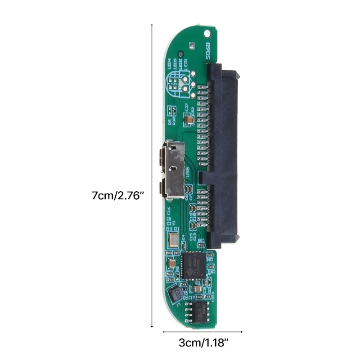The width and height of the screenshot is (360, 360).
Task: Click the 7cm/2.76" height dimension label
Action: point(117,196)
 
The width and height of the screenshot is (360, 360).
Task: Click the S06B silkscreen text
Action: point(207,51)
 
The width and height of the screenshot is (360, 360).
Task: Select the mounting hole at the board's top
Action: point(207,33)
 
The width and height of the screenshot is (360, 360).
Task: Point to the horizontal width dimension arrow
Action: point(202,332)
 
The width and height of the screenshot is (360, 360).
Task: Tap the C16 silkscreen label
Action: point(169,211)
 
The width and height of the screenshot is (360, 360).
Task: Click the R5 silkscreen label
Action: point(169,121)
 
